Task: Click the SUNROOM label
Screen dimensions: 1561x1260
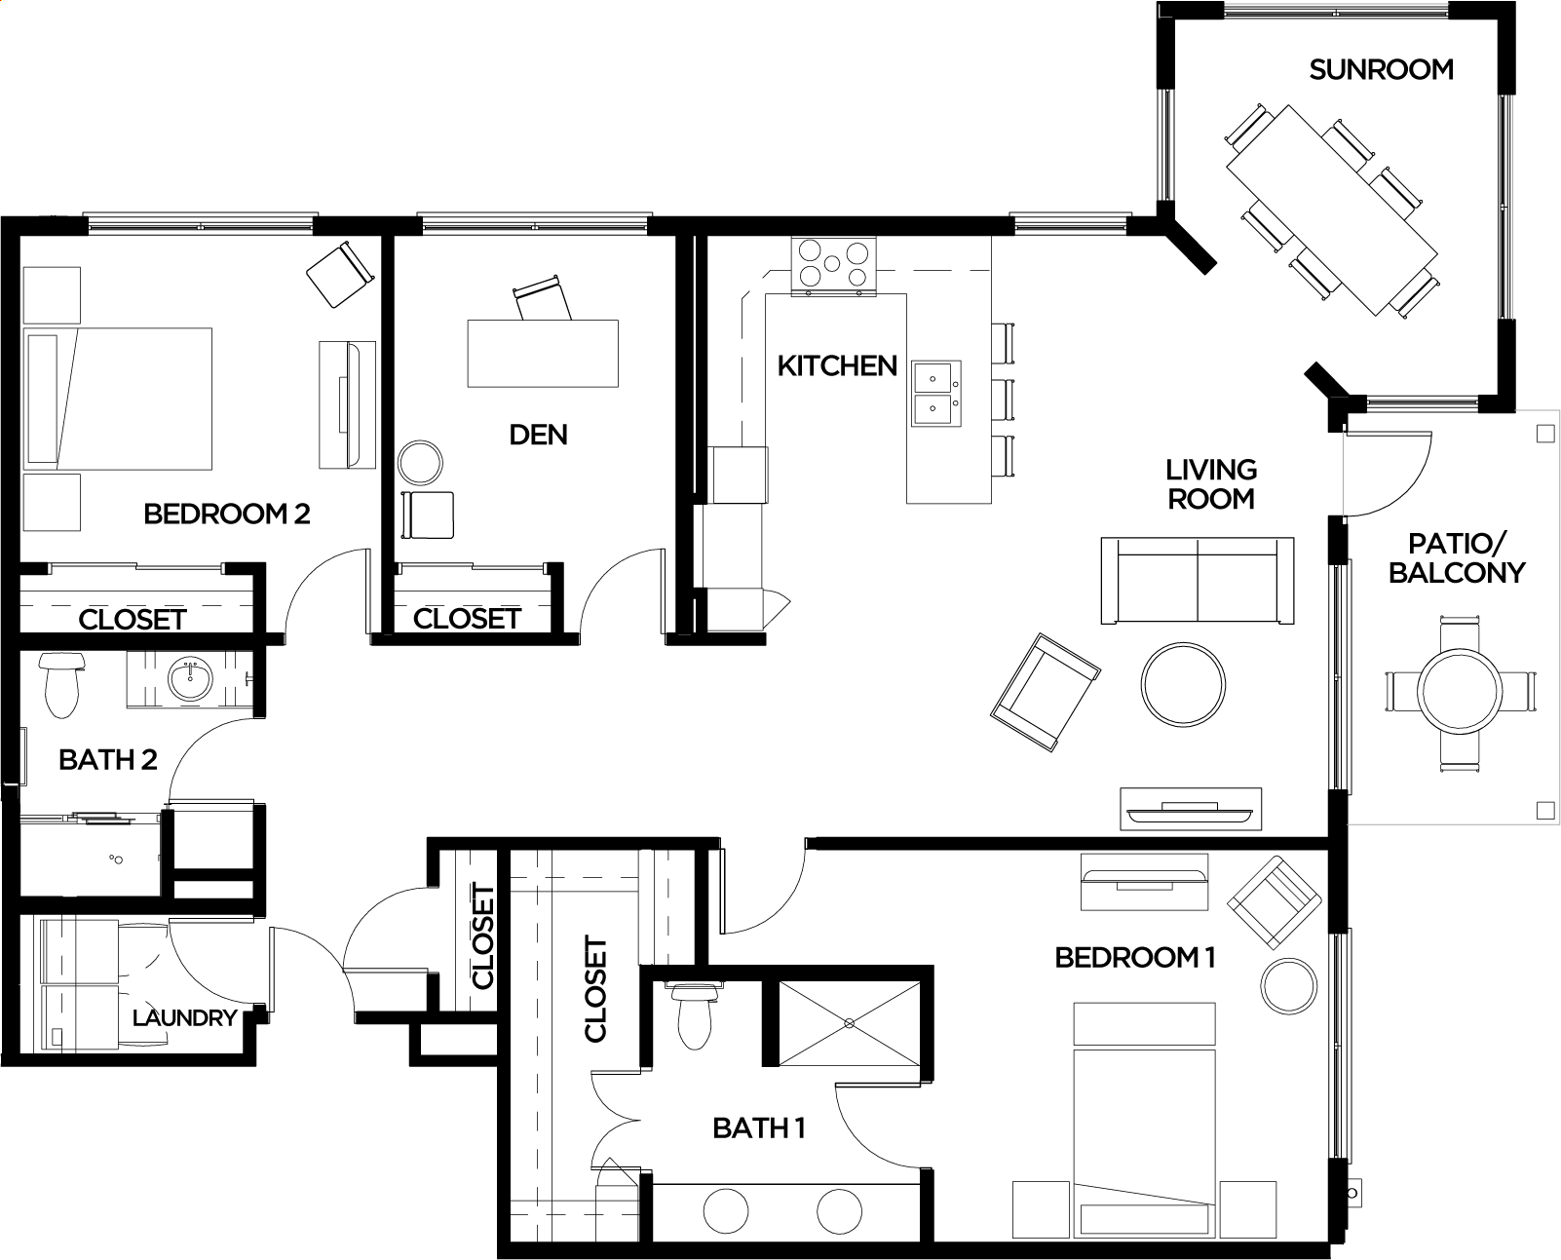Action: tap(1381, 69)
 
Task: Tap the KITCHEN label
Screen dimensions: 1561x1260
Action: tap(837, 365)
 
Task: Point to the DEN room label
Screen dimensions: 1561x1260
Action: tap(538, 435)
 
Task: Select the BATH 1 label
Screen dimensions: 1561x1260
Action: tap(759, 1128)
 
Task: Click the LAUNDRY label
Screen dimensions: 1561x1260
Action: tap(185, 1017)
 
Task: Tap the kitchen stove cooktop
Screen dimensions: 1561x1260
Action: tap(833, 264)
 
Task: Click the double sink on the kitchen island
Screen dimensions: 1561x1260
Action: tap(936, 394)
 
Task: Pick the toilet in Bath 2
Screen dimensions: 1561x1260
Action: tap(61, 685)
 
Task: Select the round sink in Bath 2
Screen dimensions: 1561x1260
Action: tap(191, 679)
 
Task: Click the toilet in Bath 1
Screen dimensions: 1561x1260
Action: tap(694, 1016)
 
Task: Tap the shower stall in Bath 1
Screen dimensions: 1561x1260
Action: tap(849, 1023)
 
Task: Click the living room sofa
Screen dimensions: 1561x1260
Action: tap(1197, 581)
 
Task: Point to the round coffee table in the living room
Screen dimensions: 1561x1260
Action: tap(1183, 685)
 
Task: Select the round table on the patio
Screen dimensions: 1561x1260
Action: tap(1459, 691)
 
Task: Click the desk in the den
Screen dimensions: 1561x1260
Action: tap(543, 354)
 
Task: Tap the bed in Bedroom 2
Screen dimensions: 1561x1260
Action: tap(117, 399)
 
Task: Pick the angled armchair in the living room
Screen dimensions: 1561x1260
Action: tap(1046, 692)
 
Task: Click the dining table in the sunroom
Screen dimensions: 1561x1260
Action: tap(1332, 210)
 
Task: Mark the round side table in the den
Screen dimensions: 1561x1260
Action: tap(420, 463)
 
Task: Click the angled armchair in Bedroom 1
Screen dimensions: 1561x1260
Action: tap(1275, 903)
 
